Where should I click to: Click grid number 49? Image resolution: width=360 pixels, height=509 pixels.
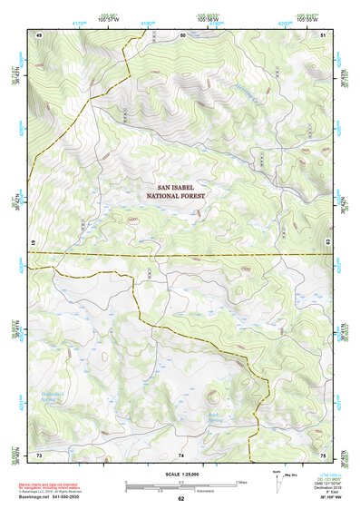[x=40, y=34]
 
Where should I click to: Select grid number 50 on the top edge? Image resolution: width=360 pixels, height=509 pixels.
[x=182, y=34]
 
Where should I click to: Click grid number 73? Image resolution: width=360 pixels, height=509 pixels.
[x=40, y=454]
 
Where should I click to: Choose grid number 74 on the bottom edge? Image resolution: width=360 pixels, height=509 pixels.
[x=181, y=454]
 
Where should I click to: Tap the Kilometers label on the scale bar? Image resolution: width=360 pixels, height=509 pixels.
[x=222, y=490]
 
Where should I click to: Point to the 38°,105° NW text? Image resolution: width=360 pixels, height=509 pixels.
[x=337, y=499]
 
